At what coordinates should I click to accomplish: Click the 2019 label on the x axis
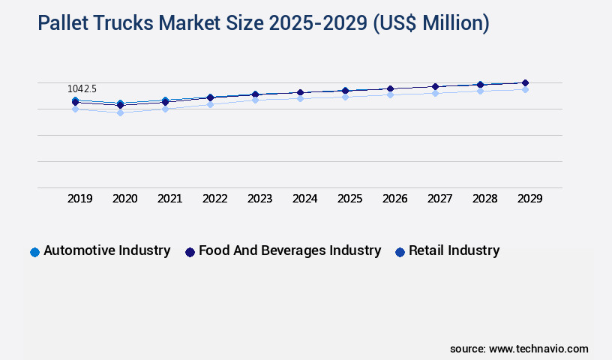79,199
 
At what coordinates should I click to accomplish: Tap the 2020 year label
124,199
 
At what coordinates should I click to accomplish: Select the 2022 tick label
214,199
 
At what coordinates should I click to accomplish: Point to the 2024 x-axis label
304,199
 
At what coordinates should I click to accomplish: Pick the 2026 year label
394,199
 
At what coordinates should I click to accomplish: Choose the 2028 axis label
484,199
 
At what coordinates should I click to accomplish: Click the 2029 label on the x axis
529,199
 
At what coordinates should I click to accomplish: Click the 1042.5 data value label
82,89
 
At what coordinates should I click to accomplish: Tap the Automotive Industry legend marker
34,252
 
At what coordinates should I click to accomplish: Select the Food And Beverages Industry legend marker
190,252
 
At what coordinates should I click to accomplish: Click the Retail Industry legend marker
400,252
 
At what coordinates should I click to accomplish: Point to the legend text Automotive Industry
106,250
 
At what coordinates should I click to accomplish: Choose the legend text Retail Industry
454,250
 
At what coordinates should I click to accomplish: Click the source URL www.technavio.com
538,349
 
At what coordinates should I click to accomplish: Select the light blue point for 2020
120,112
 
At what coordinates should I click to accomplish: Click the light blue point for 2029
525,89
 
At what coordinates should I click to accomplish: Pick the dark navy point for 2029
525,82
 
